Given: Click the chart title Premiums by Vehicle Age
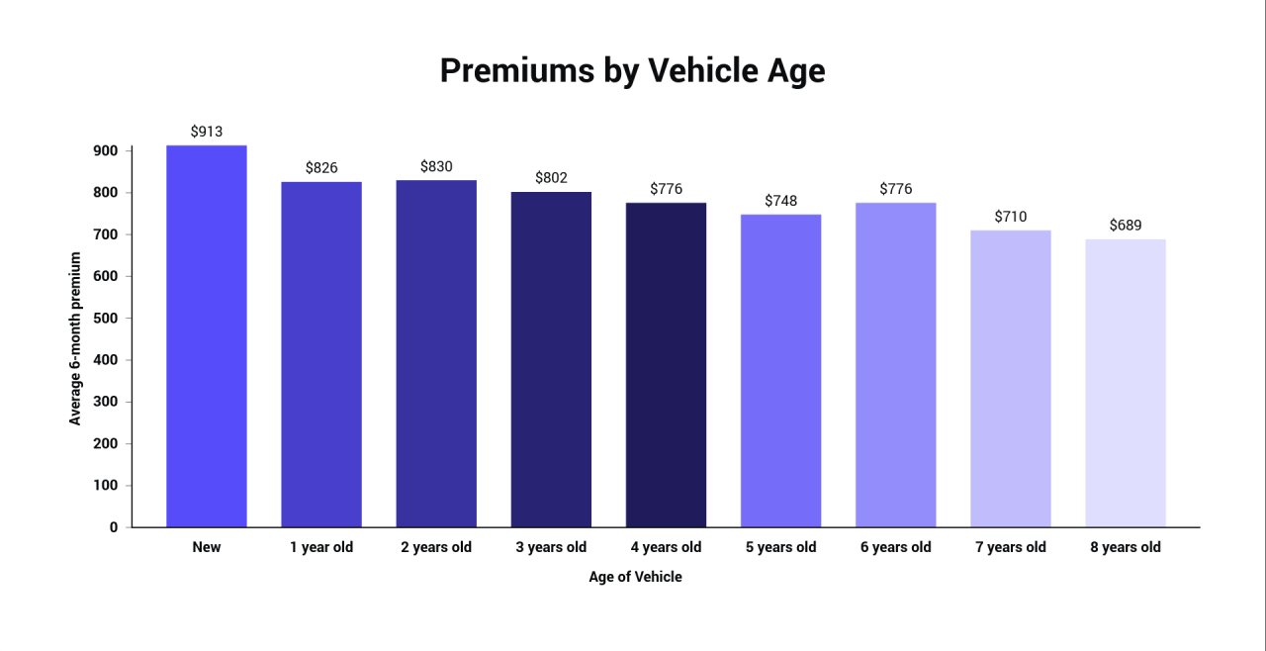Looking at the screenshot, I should point(632,71).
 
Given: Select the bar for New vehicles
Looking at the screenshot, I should point(207,336).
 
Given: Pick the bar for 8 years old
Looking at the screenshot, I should point(1125,383).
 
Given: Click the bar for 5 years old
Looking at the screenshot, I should point(780,371).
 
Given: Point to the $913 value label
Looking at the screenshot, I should point(207,131).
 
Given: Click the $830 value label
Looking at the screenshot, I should point(436,166).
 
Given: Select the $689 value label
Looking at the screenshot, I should point(1125,225).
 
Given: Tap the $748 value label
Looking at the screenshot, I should point(780,201).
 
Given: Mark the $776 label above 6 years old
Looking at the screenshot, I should point(895,188).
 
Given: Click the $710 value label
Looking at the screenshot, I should point(1010,216).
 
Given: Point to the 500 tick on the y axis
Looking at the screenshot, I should point(107,318).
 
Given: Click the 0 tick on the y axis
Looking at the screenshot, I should point(113,527).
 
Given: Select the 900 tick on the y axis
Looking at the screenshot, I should point(107,150).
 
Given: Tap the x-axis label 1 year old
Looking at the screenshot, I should point(321,547).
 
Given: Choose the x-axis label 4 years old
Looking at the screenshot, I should point(666,547).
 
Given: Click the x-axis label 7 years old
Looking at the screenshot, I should point(1010,547).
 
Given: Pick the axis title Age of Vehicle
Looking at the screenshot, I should point(635,577).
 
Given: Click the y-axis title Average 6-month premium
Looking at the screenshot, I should point(75,338).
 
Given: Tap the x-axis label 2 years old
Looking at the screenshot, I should point(436,547).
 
